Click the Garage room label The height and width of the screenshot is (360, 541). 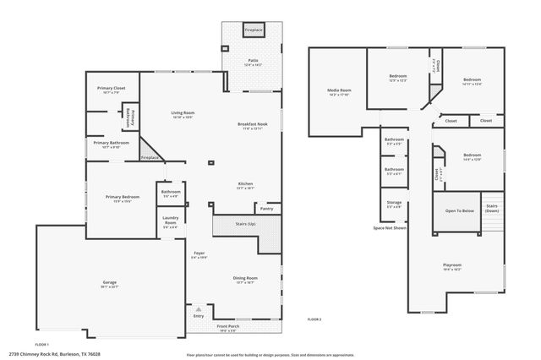110,283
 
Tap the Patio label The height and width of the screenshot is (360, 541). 253,61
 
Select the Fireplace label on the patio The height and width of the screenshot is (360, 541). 253,30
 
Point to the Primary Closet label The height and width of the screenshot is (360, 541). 111,88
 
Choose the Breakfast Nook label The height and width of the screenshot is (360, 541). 250,125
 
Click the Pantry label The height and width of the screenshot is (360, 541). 266,208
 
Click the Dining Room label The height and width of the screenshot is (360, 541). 245,278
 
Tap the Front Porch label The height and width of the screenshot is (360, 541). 228,325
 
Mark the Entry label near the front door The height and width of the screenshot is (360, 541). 198,316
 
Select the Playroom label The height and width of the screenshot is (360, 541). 452,265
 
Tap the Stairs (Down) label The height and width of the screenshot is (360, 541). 492,207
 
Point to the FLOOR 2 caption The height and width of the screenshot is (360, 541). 314,319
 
